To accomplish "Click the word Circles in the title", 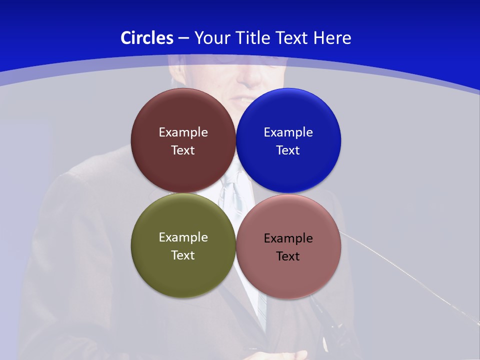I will click(147, 38).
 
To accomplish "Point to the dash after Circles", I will click(183, 38).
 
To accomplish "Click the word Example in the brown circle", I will click(183, 132).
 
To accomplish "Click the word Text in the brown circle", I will click(183, 150).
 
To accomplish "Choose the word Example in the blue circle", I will click(288, 132).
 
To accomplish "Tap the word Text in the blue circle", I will click(288, 150).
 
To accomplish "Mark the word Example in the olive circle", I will click(183, 237).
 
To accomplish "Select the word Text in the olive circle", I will click(183, 255).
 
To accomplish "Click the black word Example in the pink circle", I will click(288, 238).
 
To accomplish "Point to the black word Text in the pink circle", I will click(288, 256).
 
